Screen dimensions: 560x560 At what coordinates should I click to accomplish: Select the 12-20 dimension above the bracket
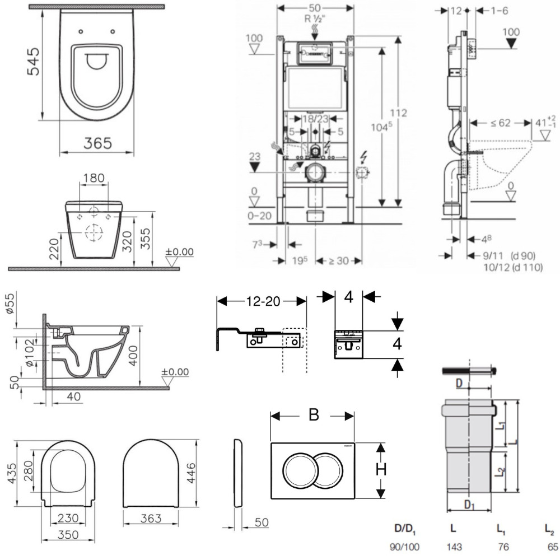pos(262,301)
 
